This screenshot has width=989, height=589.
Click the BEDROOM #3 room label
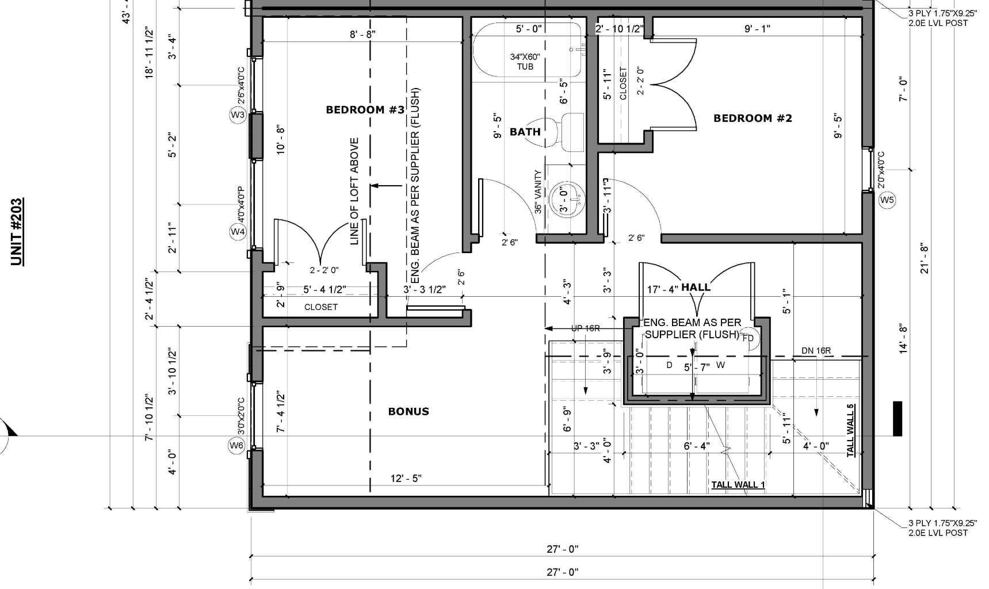pos(365,110)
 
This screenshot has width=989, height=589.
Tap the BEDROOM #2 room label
pos(753,118)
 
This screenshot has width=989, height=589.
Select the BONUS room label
pos(408,411)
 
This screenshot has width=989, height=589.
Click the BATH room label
pos(525,132)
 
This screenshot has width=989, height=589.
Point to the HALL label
pos(696,288)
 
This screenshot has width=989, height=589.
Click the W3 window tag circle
pos(238,114)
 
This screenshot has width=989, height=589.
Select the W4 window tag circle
pos(238,232)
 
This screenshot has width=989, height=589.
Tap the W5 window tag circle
pos(887,200)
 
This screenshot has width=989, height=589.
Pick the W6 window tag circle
pos(236,445)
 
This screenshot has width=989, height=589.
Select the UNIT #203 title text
pos(17,232)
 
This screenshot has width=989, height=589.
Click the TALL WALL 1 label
pos(738,485)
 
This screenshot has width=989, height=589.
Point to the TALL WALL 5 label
pos(850,431)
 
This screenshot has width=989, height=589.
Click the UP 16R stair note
pos(586,328)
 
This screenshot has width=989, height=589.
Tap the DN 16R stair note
pos(816,351)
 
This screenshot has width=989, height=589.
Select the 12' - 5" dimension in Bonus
pos(406,479)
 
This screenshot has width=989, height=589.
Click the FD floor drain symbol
pos(748,338)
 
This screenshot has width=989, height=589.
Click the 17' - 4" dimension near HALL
pos(663,289)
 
